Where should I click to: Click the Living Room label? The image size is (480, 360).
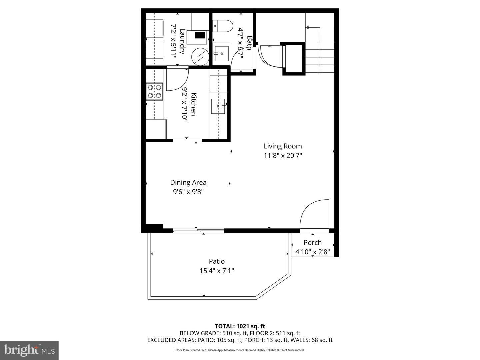[283, 146]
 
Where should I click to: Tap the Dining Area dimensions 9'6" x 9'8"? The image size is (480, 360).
[188, 192]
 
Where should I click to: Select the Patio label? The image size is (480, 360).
[217, 261]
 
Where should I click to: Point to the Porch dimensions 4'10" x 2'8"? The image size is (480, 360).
[312, 252]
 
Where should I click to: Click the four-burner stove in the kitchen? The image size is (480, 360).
[154, 91]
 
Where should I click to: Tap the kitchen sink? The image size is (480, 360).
[218, 106]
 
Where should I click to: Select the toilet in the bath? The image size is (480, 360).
[223, 26]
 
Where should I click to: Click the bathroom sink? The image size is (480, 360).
[221, 53]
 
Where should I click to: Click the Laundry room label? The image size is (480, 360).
[182, 41]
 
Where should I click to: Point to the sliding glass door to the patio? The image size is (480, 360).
[199, 230]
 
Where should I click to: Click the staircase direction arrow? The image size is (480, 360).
[308, 28]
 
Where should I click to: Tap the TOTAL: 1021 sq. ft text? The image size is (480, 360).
[240, 326]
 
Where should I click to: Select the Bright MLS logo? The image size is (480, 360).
[29, 350]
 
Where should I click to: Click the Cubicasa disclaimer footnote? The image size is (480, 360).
[240, 350]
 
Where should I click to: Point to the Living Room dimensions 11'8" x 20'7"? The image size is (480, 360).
[283, 155]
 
